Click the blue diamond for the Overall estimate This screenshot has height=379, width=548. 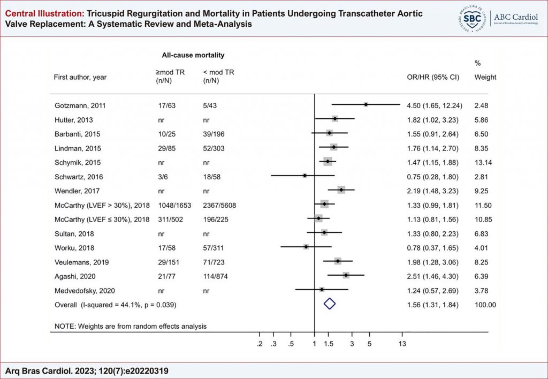tap(330, 304)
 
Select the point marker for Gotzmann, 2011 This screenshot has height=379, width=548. tap(366, 104)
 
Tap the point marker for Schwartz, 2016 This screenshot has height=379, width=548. tap(305, 176)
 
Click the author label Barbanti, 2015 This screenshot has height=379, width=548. tap(77, 133)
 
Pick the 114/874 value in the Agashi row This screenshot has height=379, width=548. tap(216, 276)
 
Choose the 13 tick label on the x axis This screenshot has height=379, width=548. tap(402, 344)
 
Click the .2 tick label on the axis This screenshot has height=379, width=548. tap(260, 344)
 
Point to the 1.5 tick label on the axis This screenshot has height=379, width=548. tap(329, 344)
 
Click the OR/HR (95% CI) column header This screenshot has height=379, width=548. tap(433, 77)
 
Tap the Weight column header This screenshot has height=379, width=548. tap(485, 77)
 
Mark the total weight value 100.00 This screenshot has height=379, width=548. tap(485, 304)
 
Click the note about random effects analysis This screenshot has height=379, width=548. tap(131, 325)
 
